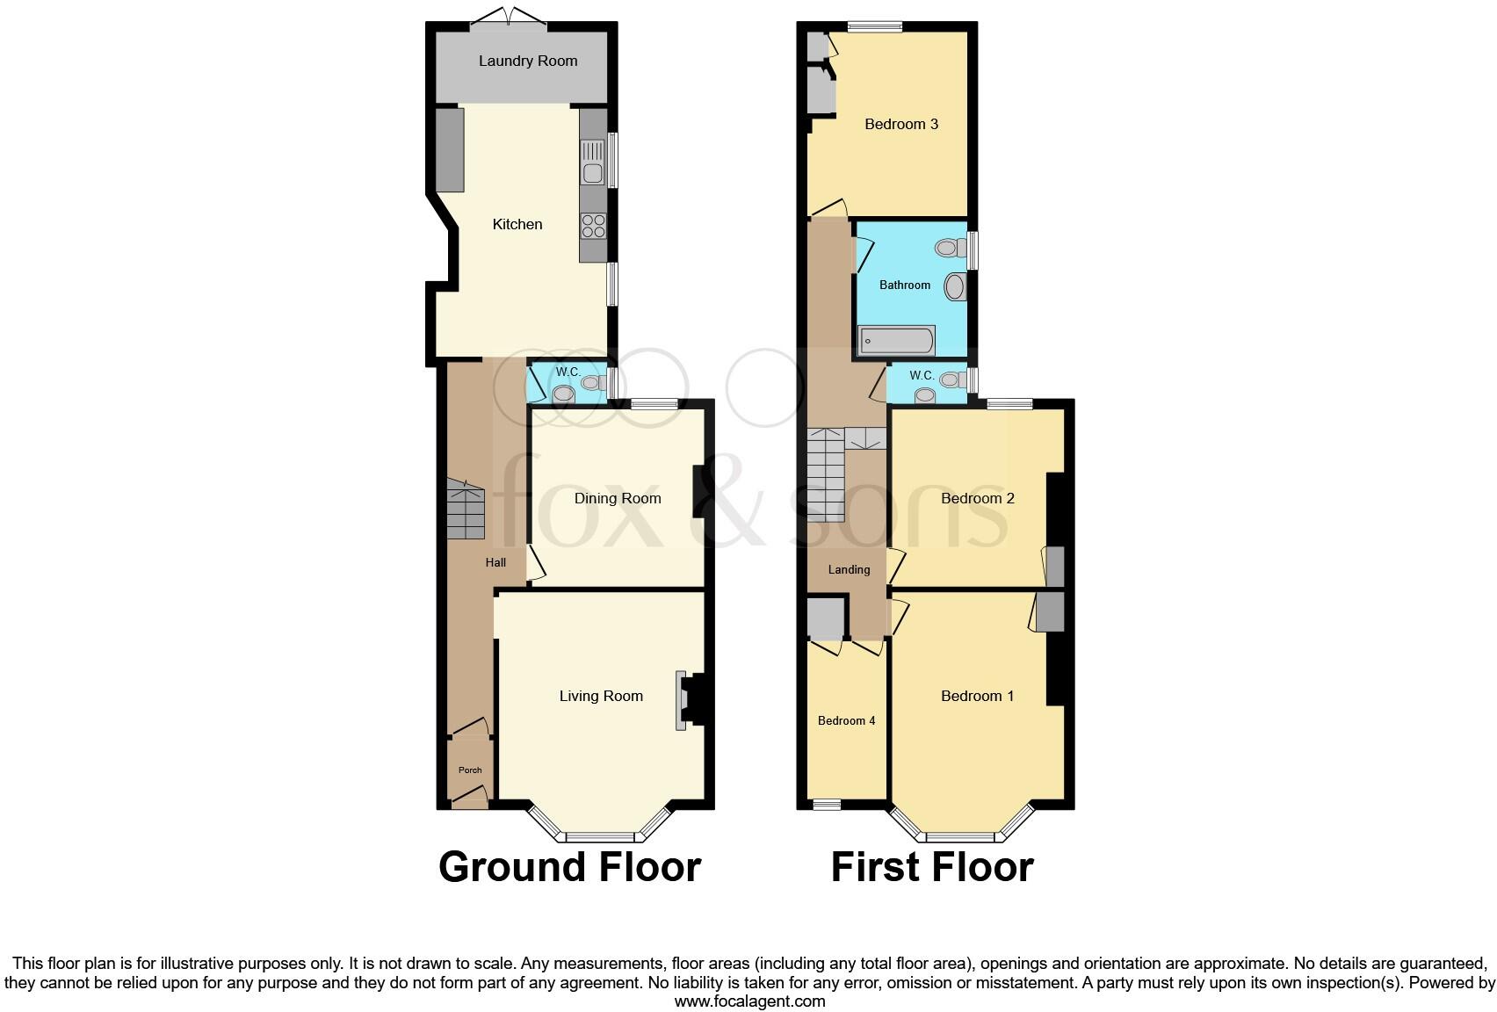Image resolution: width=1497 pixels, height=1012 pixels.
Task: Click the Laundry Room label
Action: pos(528,61)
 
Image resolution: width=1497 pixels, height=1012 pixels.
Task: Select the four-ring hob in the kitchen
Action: pos(593,226)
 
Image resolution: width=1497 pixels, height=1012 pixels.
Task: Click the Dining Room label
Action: pos(617,498)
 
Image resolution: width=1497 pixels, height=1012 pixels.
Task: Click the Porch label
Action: pos(470,770)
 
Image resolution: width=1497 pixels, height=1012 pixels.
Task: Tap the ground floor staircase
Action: pos(466,511)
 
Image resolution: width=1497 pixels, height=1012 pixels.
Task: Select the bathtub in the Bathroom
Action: pos(897,341)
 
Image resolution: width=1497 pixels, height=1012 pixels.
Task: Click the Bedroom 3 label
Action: pos(901,124)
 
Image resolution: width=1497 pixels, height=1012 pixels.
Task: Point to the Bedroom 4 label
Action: pos(846,720)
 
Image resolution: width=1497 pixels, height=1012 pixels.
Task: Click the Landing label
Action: pos(849,569)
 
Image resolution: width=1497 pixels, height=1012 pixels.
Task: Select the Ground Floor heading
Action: pos(569,867)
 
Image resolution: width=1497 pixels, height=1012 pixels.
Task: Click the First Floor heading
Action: pos(931,867)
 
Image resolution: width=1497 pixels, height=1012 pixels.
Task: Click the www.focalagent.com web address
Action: pos(749,1001)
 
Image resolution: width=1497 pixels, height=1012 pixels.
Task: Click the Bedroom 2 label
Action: pos(977,498)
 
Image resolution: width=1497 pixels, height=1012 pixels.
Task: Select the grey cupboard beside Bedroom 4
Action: pos(826,618)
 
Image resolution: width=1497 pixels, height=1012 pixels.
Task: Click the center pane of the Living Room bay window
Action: pos(600,836)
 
